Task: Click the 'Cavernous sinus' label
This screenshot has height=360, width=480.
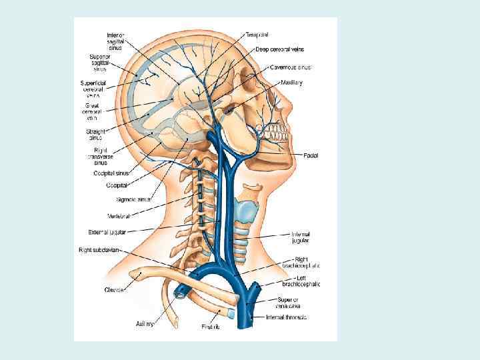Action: point(290,67)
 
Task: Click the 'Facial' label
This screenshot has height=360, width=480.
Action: point(311,155)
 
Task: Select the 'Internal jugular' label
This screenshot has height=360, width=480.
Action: point(300,237)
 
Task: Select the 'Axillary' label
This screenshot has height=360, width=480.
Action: point(145,324)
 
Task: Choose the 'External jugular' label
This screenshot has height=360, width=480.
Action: point(108,232)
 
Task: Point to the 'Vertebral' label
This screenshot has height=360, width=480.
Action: point(119,216)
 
